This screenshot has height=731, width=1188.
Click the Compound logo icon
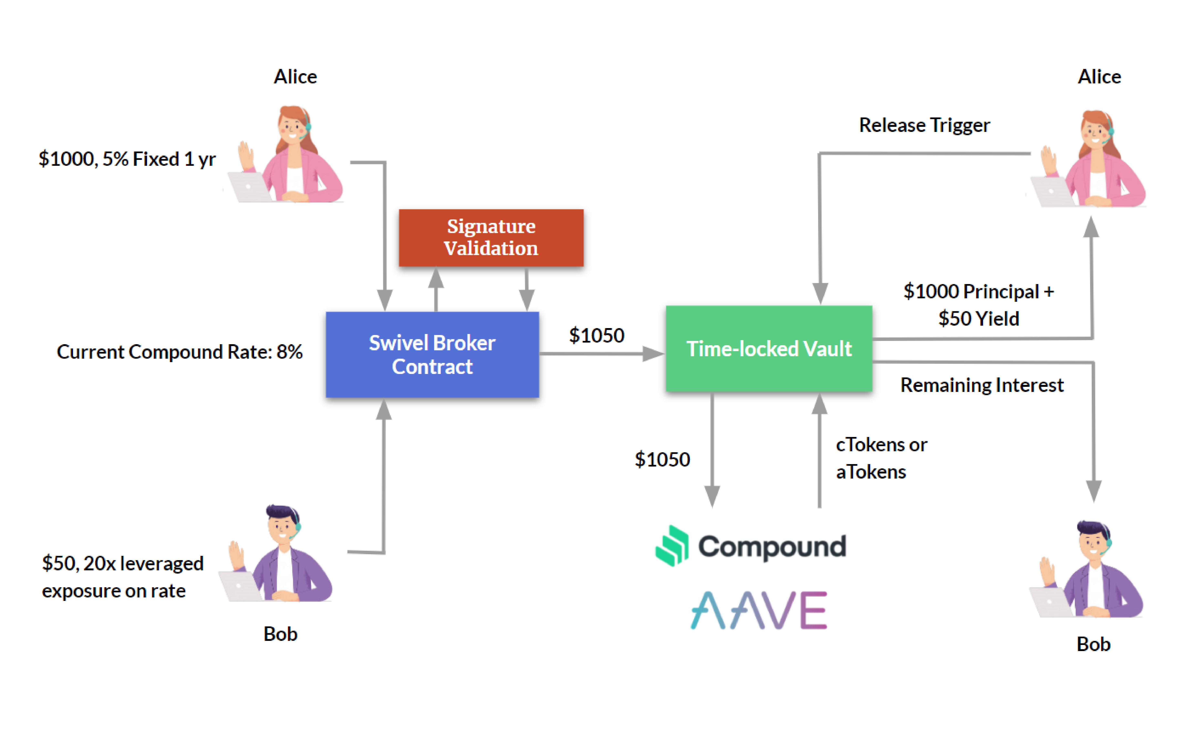(x=672, y=545)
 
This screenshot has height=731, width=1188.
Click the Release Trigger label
(x=924, y=125)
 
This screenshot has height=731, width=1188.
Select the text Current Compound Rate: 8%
(x=179, y=352)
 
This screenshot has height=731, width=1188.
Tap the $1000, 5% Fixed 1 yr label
(x=127, y=159)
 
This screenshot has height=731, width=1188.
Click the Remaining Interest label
(x=982, y=385)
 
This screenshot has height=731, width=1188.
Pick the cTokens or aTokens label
(x=881, y=458)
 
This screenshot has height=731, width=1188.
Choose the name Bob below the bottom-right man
(x=1093, y=645)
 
